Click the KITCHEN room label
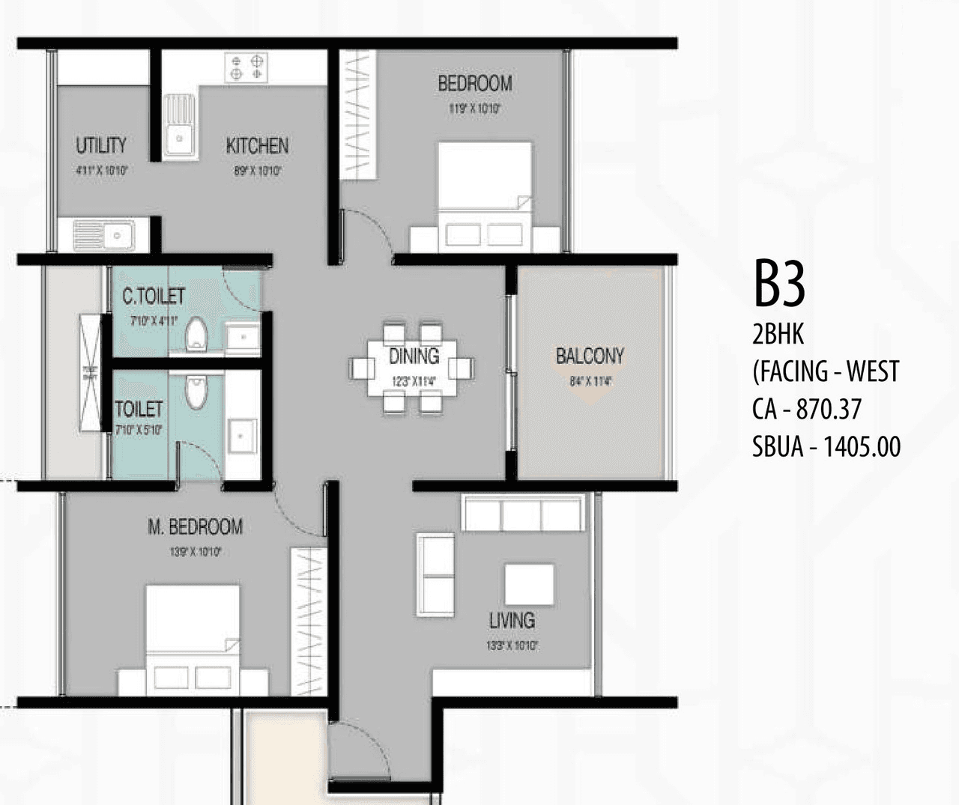coord(257,145)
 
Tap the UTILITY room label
coord(100,145)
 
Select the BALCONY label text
coord(590,356)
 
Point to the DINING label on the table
coord(414,356)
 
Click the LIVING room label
coord(512,620)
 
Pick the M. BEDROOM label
coord(195,527)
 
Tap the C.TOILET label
coord(154,296)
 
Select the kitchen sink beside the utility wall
coord(178,125)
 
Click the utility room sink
coord(103,235)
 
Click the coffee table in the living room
coord(529,584)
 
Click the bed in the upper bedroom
coord(485,196)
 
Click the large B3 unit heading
coord(779,285)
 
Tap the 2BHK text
coord(778,334)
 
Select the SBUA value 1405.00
coord(862,447)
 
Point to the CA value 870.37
coord(829,410)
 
